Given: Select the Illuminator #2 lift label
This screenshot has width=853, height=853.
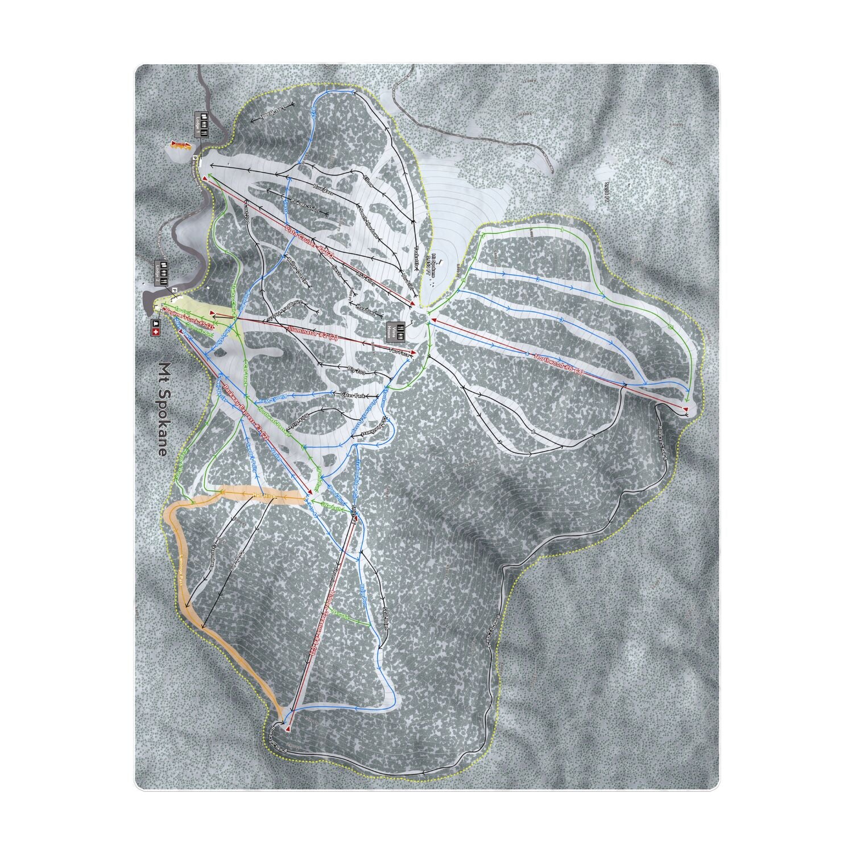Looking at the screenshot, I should click(313, 333).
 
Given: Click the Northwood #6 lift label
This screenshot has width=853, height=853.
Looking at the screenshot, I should click(559, 365).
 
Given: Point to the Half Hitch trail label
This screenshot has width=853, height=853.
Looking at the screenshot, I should click(263, 498).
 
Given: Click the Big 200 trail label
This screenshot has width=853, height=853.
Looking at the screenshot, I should click(356, 371).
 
